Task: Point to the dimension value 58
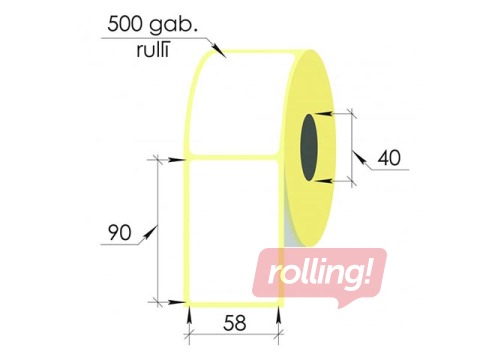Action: [233, 323]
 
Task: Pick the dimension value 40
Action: [391, 158]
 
